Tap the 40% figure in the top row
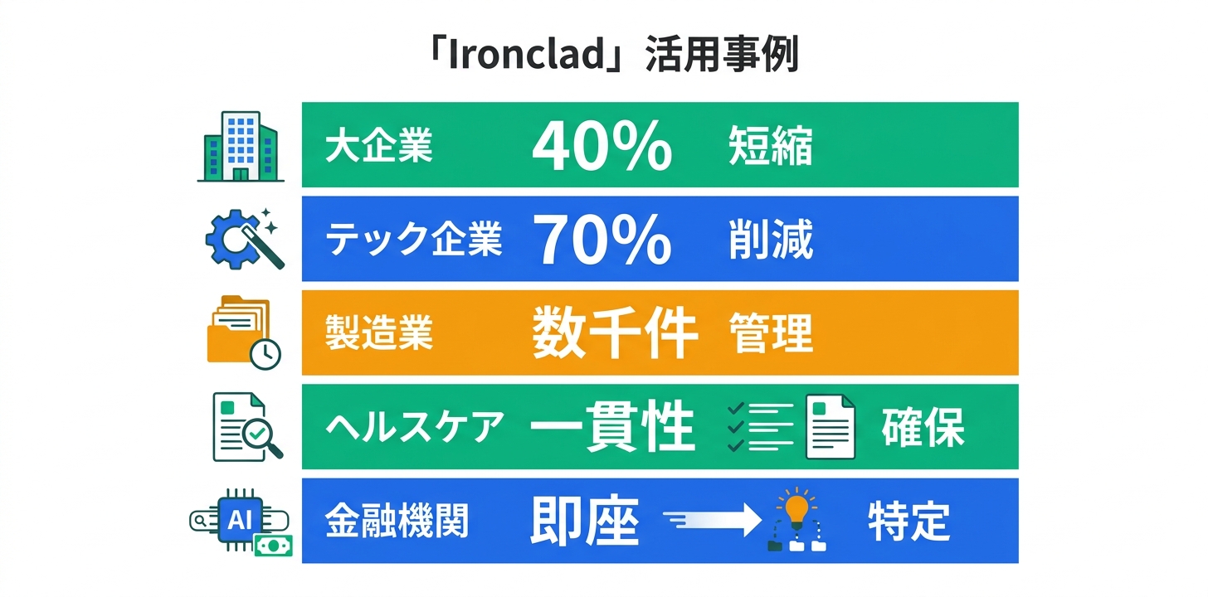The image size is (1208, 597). click(602, 146)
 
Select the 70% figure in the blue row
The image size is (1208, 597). click(602, 240)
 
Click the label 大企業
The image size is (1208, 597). click(379, 148)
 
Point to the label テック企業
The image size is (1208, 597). click(413, 240)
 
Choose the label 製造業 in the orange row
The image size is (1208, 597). click(379, 334)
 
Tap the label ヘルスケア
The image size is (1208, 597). click(414, 429)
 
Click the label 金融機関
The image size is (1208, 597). click(397, 522)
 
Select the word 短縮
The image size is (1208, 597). click(770, 148)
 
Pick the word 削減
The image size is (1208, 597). click(770, 240)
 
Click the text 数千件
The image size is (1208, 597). click(614, 334)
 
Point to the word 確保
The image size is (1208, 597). click(923, 429)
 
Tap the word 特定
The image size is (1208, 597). click(908, 522)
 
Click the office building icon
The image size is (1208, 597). click(241, 147)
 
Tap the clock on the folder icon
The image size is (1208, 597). click(265, 354)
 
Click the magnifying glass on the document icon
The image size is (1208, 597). click(263, 434)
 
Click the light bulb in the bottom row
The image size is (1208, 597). click(796, 507)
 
